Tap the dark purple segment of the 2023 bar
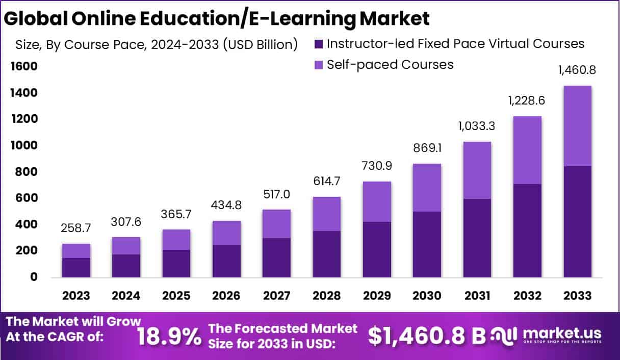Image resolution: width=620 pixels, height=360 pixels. (x=76, y=268)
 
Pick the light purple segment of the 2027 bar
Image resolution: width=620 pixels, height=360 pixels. (x=276, y=224)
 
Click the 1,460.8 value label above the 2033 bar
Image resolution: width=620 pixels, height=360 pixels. (x=577, y=70)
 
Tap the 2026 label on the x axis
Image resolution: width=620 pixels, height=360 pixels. (x=226, y=296)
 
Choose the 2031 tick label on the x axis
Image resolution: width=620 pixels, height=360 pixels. (x=477, y=296)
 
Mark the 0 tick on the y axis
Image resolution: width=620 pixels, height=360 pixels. (x=33, y=277)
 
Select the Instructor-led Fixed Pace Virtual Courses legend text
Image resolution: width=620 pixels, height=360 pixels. (x=455, y=44)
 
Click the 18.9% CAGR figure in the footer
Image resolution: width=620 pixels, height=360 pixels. (x=170, y=336)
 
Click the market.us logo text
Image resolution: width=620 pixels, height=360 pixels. (x=561, y=333)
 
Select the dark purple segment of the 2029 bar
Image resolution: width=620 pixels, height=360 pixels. (x=376, y=250)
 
